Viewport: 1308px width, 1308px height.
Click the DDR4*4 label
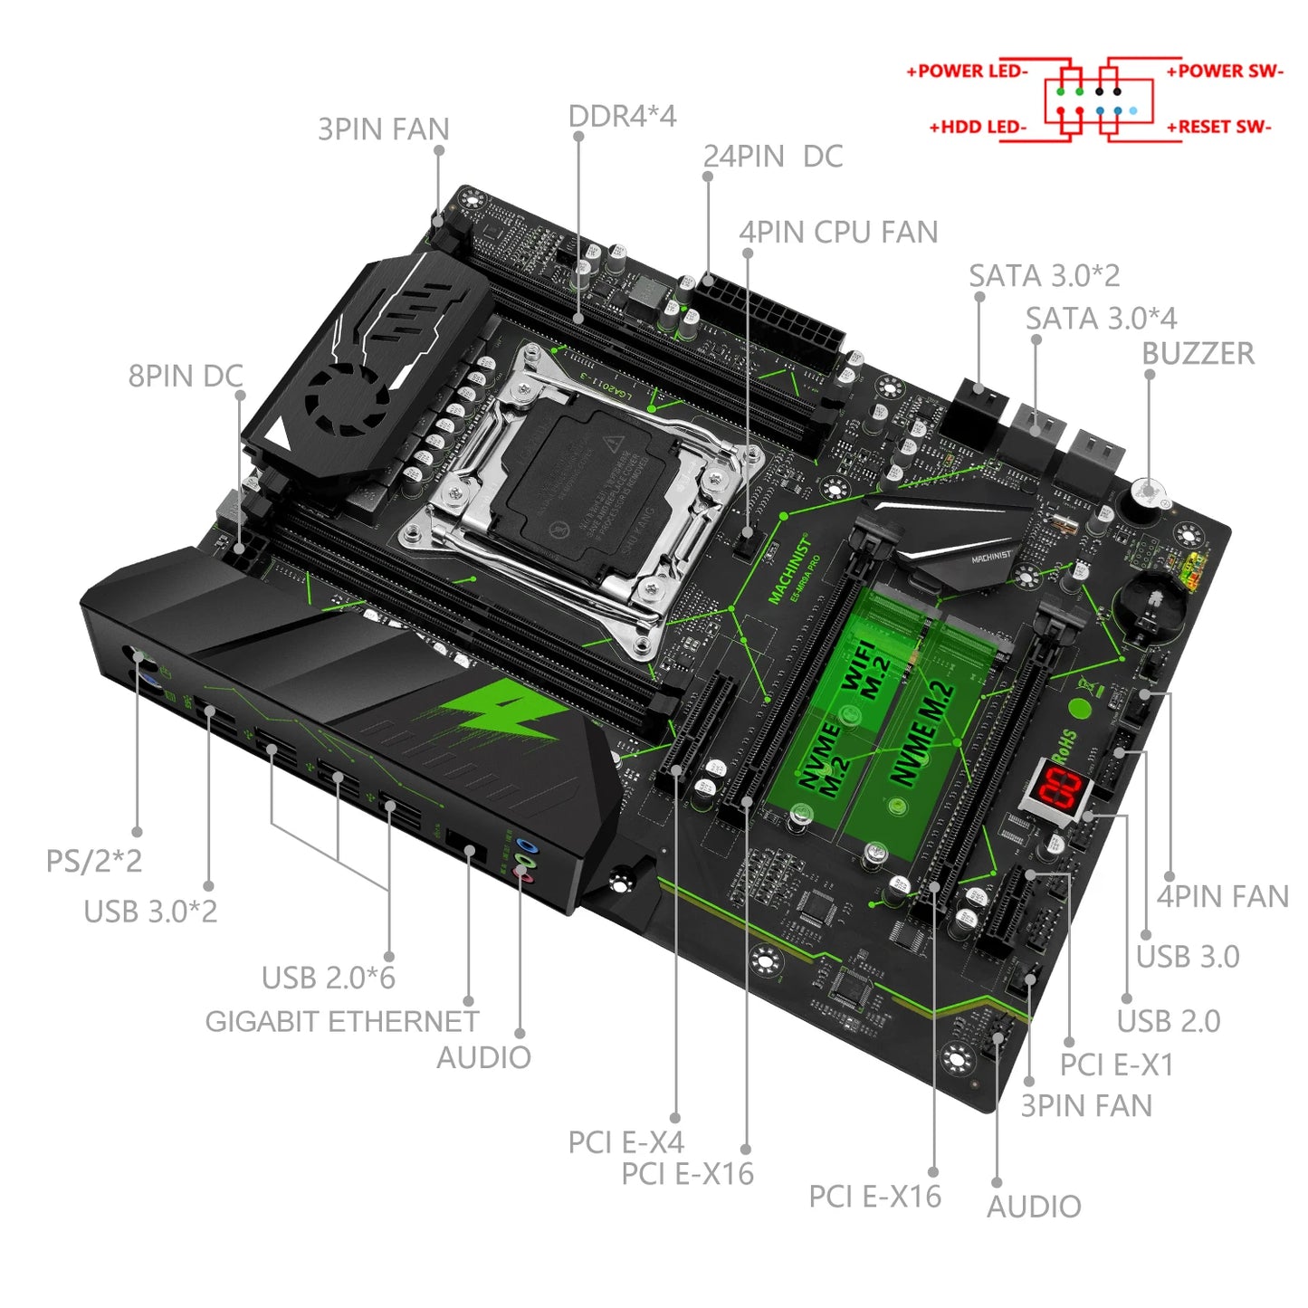(622, 117)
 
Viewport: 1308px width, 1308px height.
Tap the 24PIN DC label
(772, 157)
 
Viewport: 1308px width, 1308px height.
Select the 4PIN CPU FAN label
(838, 233)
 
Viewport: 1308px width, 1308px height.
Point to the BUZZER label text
(1198, 354)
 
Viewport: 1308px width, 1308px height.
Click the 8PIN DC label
(186, 376)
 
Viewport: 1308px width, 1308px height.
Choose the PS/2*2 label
(94, 861)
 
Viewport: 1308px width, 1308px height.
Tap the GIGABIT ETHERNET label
(341, 1021)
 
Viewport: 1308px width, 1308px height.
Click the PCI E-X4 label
(625, 1142)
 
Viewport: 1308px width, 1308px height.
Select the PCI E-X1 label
(1116, 1065)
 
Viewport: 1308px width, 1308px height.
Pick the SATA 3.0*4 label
(1101, 319)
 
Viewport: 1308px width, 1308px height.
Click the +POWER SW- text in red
(1224, 72)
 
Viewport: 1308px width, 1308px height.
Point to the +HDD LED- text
(978, 128)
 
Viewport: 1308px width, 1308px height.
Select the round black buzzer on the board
(1147, 496)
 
